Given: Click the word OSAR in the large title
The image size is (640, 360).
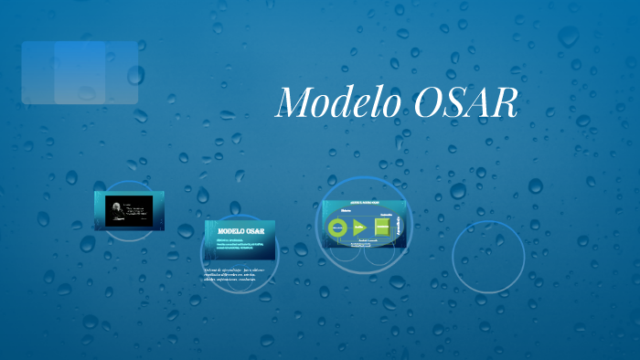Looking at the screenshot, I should click(466, 102).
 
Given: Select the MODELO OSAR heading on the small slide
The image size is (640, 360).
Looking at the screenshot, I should click(240, 232).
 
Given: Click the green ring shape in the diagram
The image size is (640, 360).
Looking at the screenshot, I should click(338, 227).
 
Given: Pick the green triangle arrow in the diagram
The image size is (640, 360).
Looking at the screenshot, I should click(359, 227).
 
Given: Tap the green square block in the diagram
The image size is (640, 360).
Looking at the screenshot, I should click(381, 228).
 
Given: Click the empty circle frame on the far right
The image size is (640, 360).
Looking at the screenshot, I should click(487, 257).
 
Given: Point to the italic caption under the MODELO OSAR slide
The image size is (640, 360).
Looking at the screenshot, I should click(238, 275).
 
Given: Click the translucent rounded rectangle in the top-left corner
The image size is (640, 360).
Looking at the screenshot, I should click(80, 72).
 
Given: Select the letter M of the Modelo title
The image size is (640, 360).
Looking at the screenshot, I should click(293, 102).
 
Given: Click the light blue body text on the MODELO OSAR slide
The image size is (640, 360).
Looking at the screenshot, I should click(240, 246).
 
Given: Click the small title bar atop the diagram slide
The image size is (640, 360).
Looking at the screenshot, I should click(364, 204).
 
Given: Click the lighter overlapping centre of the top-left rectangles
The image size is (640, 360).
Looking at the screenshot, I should click(80, 72).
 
